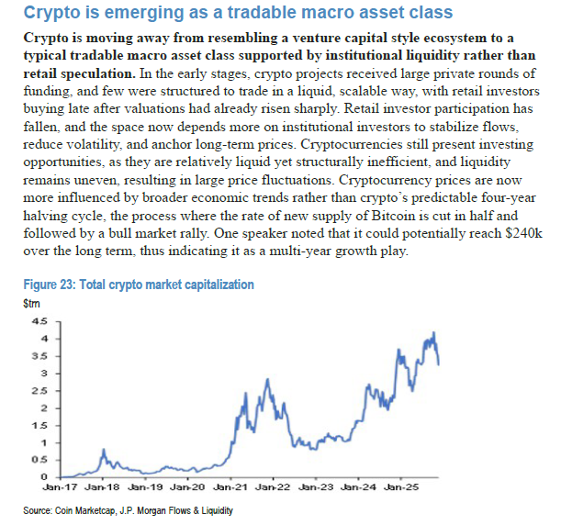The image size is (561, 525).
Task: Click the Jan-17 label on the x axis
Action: click(x=68, y=486)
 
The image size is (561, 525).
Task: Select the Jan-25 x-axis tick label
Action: click(x=400, y=486)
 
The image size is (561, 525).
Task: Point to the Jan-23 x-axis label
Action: click(x=316, y=486)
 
